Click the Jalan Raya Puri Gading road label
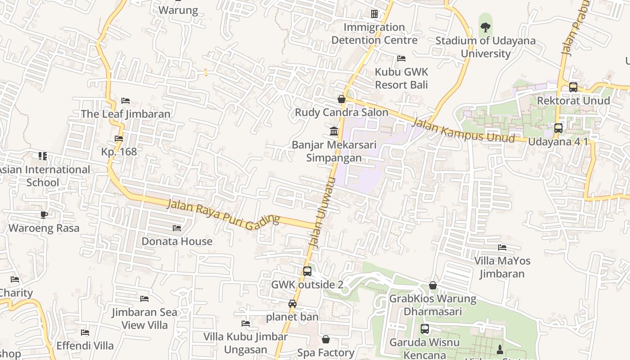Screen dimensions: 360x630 pos(223,215)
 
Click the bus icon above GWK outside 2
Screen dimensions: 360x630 pos(307,271)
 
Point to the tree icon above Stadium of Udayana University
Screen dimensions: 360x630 pos(485,27)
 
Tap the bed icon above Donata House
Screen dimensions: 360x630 pos(177,228)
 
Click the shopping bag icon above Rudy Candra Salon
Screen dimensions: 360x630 pos(342,99)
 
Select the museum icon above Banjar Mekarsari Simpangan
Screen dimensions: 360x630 pos(334,131)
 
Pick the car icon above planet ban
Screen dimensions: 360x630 pos(292,304)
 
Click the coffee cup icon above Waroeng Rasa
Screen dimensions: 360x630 pos(44,215)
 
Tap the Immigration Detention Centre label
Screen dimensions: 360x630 pos(374,34)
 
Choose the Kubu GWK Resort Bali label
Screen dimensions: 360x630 pos(401,78)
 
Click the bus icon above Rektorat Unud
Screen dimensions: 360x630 pos(573,87)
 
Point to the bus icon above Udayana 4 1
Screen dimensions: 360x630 pos(558,128)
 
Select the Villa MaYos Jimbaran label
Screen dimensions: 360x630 pos(502,267)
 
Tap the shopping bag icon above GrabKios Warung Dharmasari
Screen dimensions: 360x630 pos(432,285)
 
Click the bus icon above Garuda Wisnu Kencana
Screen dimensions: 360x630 pos(424,329)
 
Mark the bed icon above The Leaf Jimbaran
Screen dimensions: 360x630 pos(126,101)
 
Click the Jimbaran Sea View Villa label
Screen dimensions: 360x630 pos(144,319)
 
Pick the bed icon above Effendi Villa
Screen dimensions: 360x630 pos(85,333)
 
